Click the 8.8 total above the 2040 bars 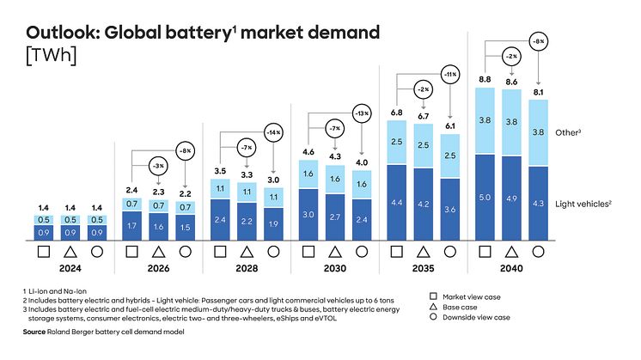[485, 79]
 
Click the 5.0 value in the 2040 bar [485, 197]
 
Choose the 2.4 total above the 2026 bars [131, 189]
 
